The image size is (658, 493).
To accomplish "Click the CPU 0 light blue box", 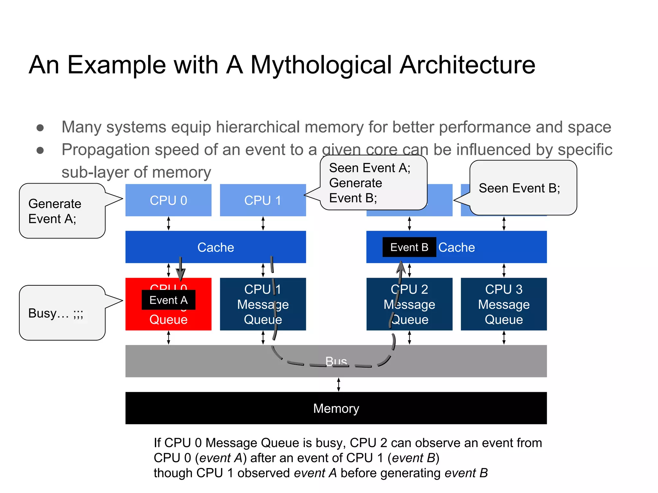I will pyautogui.click(x=168, y=200).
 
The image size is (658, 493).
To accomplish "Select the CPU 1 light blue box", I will pyautogui.click(x=262, y=200).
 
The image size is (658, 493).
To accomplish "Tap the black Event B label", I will pyautogui.click(x=409, y=247).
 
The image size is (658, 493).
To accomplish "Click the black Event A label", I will pyautogui.click(x=168, y=300).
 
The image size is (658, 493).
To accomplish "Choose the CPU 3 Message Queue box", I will pyautogui.click(x=503, y=304).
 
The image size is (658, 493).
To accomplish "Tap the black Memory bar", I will pyautogui.click(x=336, y=408).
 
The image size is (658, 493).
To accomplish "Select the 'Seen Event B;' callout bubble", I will pyautogui.click(x=523, y=188).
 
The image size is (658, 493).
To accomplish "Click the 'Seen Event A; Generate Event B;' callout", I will pyautogui.click(x=373, y=183).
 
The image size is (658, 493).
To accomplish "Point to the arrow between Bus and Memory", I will pyautogui.click(x=338, y=385).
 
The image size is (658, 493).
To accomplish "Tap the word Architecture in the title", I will pyautogui.click(x=467, y=65).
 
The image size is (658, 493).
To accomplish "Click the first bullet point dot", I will pyautogui.click(x=40, y=128).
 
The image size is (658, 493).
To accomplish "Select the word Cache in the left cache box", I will pyautogui.click(x=215, y=247).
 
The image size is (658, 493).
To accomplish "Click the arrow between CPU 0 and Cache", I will pyautogui.click(x=168, y=223).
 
